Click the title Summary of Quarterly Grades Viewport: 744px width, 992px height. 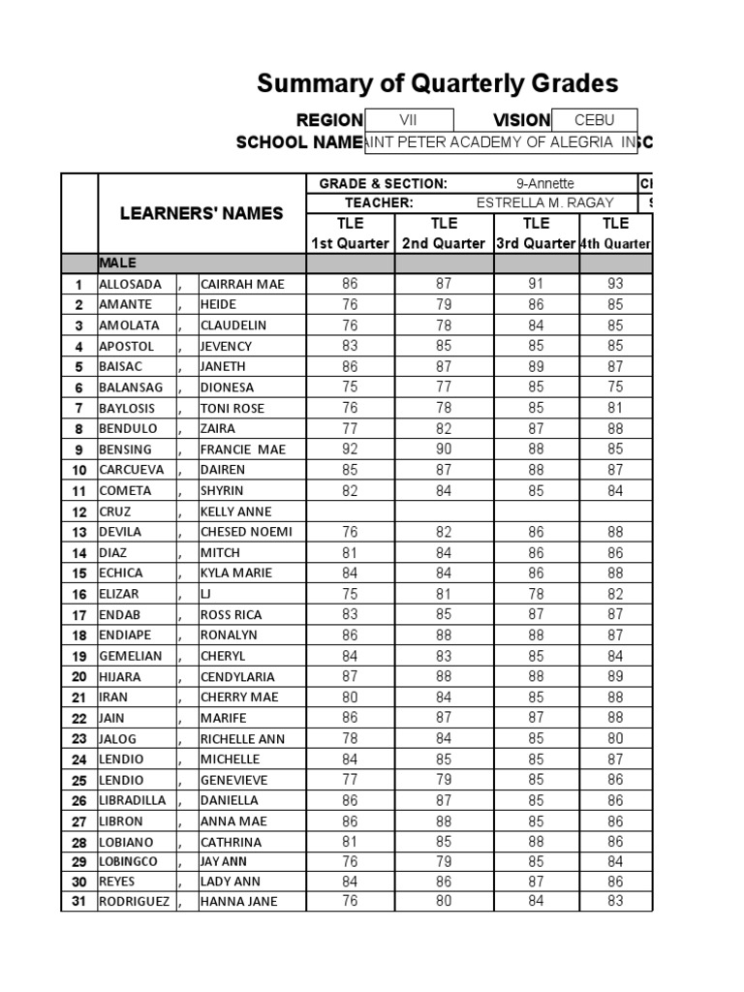(437, 84)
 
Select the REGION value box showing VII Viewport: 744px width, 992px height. (408, 120)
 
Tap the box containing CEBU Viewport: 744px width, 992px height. (594, 120)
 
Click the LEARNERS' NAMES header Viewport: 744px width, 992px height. (201, 213)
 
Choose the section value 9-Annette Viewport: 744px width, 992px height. (544, 183)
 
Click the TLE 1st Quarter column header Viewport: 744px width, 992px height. (350, 233)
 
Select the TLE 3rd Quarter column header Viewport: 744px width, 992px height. (536, 233)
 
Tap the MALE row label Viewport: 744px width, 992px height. (117, 263)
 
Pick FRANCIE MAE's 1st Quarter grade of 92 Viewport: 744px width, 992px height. (350, 449)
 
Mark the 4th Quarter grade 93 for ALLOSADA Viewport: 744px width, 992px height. (615, 285)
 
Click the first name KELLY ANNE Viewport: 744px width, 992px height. (235, 511)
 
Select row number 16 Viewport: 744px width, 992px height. (79, 594)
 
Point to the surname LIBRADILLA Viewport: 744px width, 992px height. (133, 800)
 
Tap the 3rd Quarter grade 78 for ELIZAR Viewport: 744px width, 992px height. (536, 594)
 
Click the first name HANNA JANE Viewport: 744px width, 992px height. (238, 902)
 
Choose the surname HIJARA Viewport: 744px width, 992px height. (119, 677)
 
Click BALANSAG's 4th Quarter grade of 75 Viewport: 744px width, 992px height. (615, 387)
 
